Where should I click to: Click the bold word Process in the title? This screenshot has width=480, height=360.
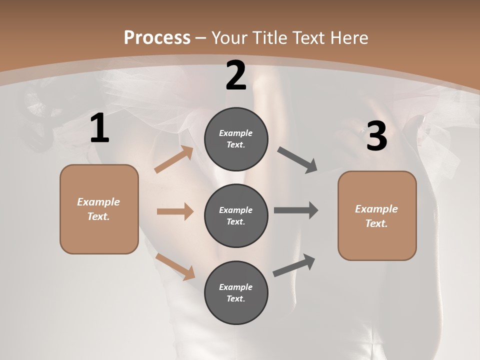pos(157,38)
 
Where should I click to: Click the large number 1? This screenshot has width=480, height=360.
pos(99,128)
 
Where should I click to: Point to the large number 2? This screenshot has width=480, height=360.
pos(236,76)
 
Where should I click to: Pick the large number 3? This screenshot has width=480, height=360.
pos(376,136)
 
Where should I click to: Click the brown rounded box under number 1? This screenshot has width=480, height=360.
pos(99,209)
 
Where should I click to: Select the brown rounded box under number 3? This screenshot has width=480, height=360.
pos(377,215)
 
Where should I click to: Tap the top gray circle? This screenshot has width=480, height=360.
pos(236,139)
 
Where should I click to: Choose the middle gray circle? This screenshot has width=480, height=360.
pos(236,215)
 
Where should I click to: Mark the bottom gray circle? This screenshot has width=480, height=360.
pos(236,292)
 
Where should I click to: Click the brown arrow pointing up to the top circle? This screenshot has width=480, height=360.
pos(174,159)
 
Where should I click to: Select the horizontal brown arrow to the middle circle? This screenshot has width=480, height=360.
pos(175,211)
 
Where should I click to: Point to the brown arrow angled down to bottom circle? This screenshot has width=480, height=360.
pos(175,266)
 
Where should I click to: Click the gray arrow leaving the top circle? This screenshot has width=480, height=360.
pos(297,160)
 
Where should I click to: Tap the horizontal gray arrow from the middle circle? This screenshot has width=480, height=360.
pos(296,210)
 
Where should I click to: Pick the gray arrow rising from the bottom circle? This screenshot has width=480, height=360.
pos(294,265)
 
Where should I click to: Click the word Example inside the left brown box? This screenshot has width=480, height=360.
pos(98,202)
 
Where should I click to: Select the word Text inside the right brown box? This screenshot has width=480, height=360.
pos(376,223)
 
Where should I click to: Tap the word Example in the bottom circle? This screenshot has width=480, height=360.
pos(235,287)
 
